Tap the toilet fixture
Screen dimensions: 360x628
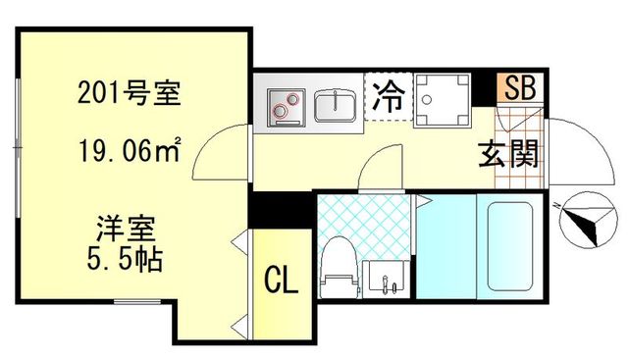(x=338, y=264)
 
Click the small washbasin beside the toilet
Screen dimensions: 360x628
(x=387, y=277)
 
